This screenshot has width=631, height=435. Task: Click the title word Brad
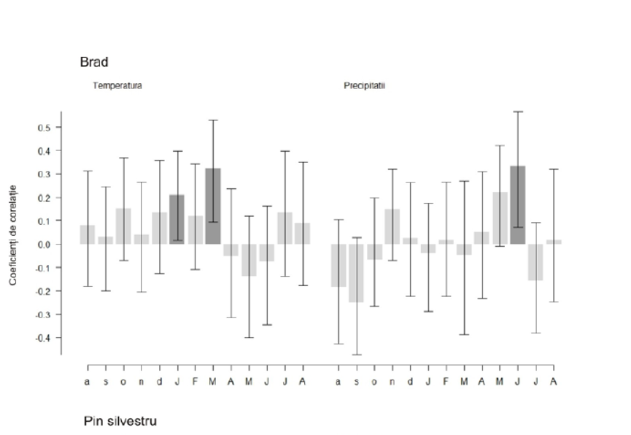point(93,63)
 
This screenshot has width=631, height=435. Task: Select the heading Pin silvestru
point(120,421)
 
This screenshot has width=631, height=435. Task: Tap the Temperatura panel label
point(117,85)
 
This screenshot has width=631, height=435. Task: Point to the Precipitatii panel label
point(364,85)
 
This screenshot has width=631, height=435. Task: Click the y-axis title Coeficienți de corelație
point(13,234)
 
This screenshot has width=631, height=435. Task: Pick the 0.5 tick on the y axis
point(44,128)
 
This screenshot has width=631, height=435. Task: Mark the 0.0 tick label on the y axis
point(44,245)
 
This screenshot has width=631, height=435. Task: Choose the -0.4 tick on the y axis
point(43,338)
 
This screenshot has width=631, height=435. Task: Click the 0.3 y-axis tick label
point(44,174)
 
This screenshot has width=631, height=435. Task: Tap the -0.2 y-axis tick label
point(43,291)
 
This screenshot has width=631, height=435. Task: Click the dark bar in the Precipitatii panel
point(517,205)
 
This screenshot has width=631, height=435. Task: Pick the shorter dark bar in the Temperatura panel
point(177,219)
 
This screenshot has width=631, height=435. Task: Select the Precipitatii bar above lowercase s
point(356,273)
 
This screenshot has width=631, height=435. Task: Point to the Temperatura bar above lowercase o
point(123,226)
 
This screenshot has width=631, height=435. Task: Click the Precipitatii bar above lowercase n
point(392,226)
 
